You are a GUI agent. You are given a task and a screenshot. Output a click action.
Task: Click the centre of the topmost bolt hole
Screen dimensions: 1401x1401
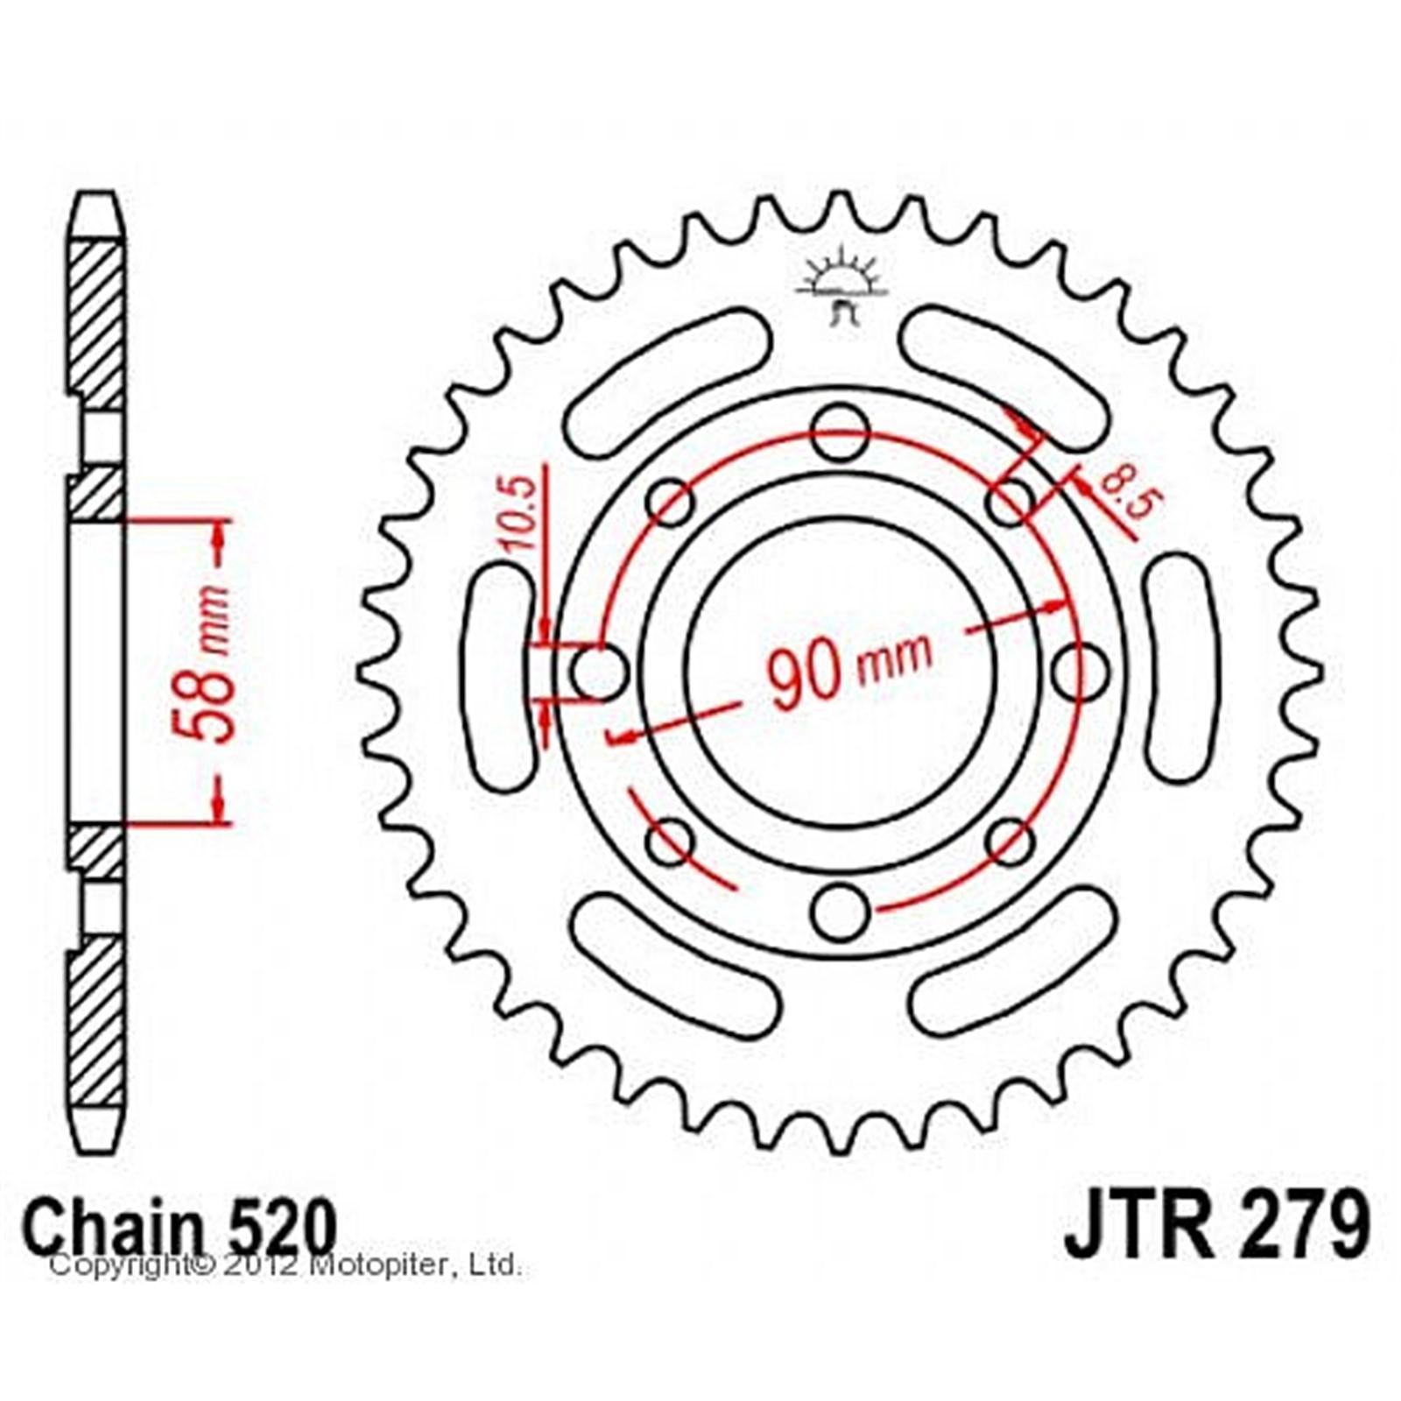click(840, 432)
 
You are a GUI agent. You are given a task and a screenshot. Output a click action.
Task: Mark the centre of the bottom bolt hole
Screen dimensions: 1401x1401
click(840, 912)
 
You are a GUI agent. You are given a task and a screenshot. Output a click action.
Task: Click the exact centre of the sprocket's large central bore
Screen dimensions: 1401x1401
click(840, 672)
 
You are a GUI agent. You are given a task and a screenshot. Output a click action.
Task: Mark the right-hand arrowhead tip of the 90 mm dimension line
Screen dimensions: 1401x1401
click(1071, 603)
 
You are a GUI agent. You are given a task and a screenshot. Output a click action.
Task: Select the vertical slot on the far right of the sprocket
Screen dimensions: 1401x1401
click(1181, 667)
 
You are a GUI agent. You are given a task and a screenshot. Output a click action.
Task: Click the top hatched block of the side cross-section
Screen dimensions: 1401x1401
click(96, 326)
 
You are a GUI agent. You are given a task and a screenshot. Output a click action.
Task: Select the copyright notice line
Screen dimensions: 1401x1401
click(285, 1265)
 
